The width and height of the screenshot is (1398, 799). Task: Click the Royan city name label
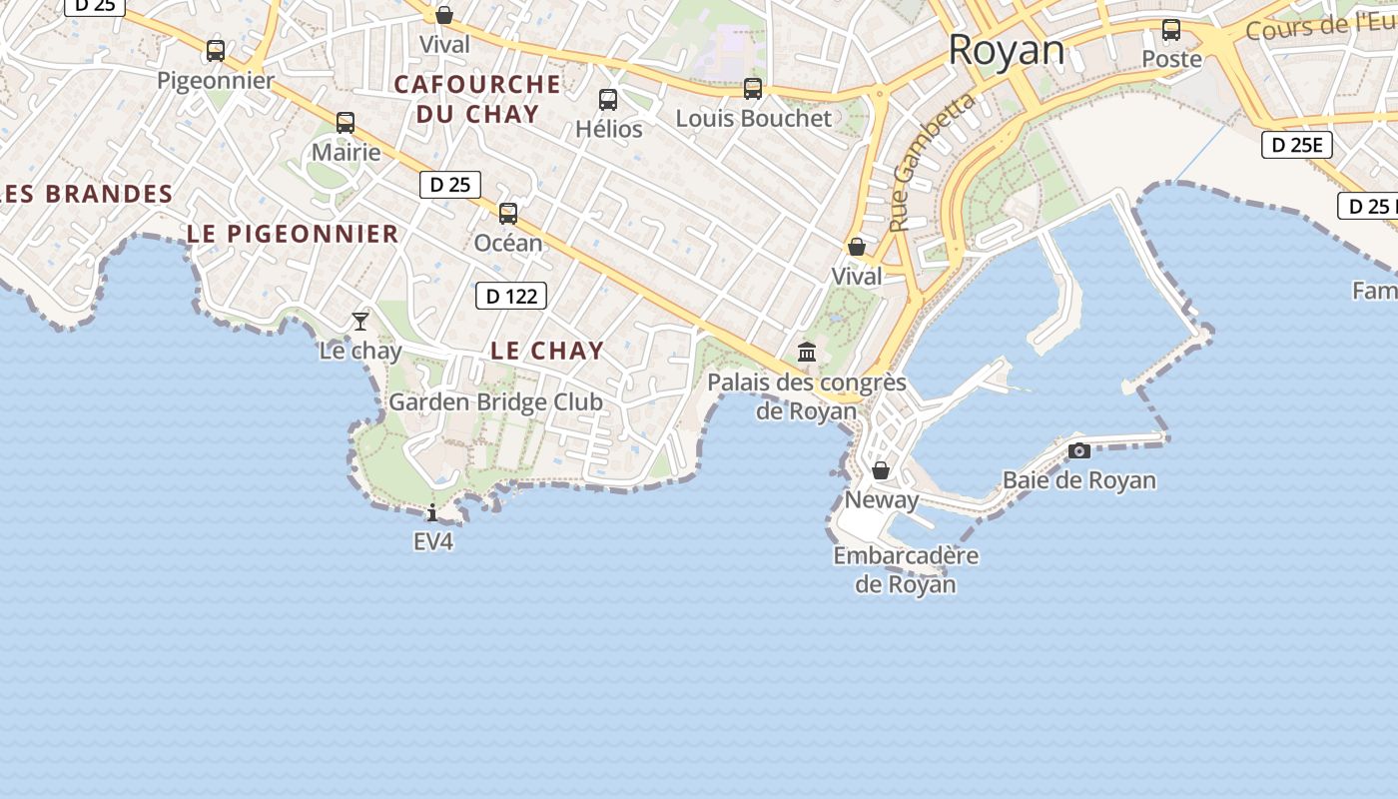[x=1007, y=50]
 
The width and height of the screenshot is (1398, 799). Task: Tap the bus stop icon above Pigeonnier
[x=216, y=50]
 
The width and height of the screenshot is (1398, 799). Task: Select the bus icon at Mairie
[x=346, y=123]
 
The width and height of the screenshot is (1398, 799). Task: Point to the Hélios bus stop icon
[x=608, y=100]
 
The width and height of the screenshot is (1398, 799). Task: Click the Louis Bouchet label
[x=753, y=118]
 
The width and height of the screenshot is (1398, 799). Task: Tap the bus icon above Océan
[x=508, y=213]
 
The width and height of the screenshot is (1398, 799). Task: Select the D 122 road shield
[x=511, y=296]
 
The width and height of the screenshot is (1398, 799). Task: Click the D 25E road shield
[x=1297, y=145]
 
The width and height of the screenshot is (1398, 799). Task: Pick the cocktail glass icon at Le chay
[x=360, y=321]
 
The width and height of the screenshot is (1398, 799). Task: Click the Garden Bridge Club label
[x=495, y=402]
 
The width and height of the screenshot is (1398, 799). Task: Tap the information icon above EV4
[x=432, y=513]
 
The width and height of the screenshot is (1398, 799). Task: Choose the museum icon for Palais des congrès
[x=807, y=352]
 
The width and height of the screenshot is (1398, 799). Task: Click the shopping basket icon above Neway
[x=881, y=470]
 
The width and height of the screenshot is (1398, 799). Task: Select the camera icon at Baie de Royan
[x=1079, y=450]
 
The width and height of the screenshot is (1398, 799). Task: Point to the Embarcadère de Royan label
[x=906, y=569]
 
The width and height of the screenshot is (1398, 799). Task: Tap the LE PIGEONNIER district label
[x=293, y=234]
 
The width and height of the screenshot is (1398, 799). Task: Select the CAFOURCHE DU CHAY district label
[x=477, y=99]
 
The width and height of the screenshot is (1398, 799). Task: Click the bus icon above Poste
[x=1171, y=30]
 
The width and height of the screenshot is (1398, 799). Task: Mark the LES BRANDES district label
[x=86, y=194]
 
